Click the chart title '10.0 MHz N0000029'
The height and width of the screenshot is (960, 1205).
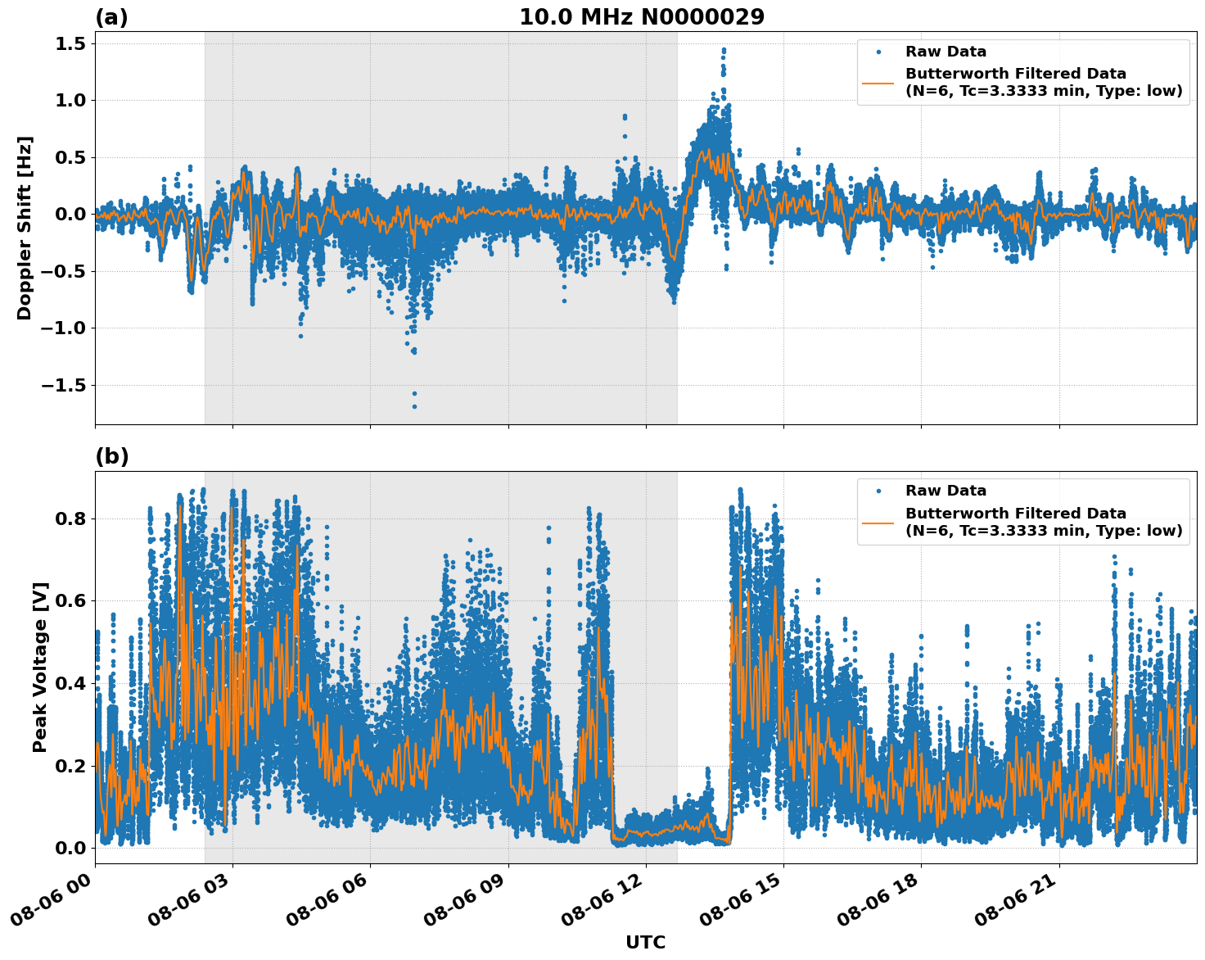(x=641, y=17)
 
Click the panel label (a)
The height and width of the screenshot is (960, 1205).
(x=111, y=17)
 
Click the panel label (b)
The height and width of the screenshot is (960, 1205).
(x=111, y=456)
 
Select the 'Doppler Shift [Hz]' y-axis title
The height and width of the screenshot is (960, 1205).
(x=25, y=228)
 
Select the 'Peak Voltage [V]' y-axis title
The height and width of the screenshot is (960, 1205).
(x=40, y=667)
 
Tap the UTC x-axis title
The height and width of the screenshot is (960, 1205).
(x=645, y=942)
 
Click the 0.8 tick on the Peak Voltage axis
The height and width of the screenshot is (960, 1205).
(x=72, y=518)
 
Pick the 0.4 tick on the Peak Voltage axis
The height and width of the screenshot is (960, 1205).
(x=72, y=683)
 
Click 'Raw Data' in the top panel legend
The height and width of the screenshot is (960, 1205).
(x=945, y=52)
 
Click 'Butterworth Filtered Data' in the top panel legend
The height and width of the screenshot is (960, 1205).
(x=1015, y=74)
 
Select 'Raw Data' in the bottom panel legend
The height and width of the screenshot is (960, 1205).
(x=945, y=491)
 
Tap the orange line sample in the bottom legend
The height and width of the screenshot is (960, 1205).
(x=878, y=522)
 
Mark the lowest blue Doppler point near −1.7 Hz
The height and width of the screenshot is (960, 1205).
(x=414, y=406)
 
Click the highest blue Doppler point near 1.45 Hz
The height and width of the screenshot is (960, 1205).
(x=724, y=50)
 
